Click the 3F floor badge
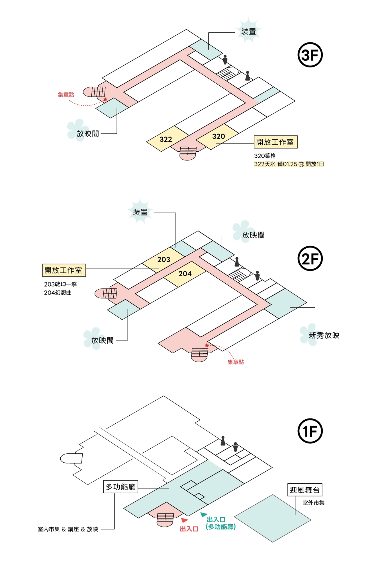click(x=310, y=55)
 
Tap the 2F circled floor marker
click(x=310, y=258)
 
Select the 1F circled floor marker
click(x=310, y=431)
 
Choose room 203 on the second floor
click(x=164, y=259)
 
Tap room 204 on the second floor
click(x=185, y=274)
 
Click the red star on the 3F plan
click(x=105, y=99)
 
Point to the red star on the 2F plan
click(x=207, y=345)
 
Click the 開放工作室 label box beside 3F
click(x=276, y=142)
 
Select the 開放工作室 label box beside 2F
click(x=64, y=270)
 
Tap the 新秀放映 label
click(x=324, y=335)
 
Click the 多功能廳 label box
click(x=120, y=487)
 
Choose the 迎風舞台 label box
click(x=305, y=490)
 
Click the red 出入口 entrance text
click(x=189, y=529)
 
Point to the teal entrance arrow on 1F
click(x=204, y=514)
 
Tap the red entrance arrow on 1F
click(x=185, y=520)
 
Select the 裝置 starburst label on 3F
click(x=248, y=32)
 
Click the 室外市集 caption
click(x=313, y=503)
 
